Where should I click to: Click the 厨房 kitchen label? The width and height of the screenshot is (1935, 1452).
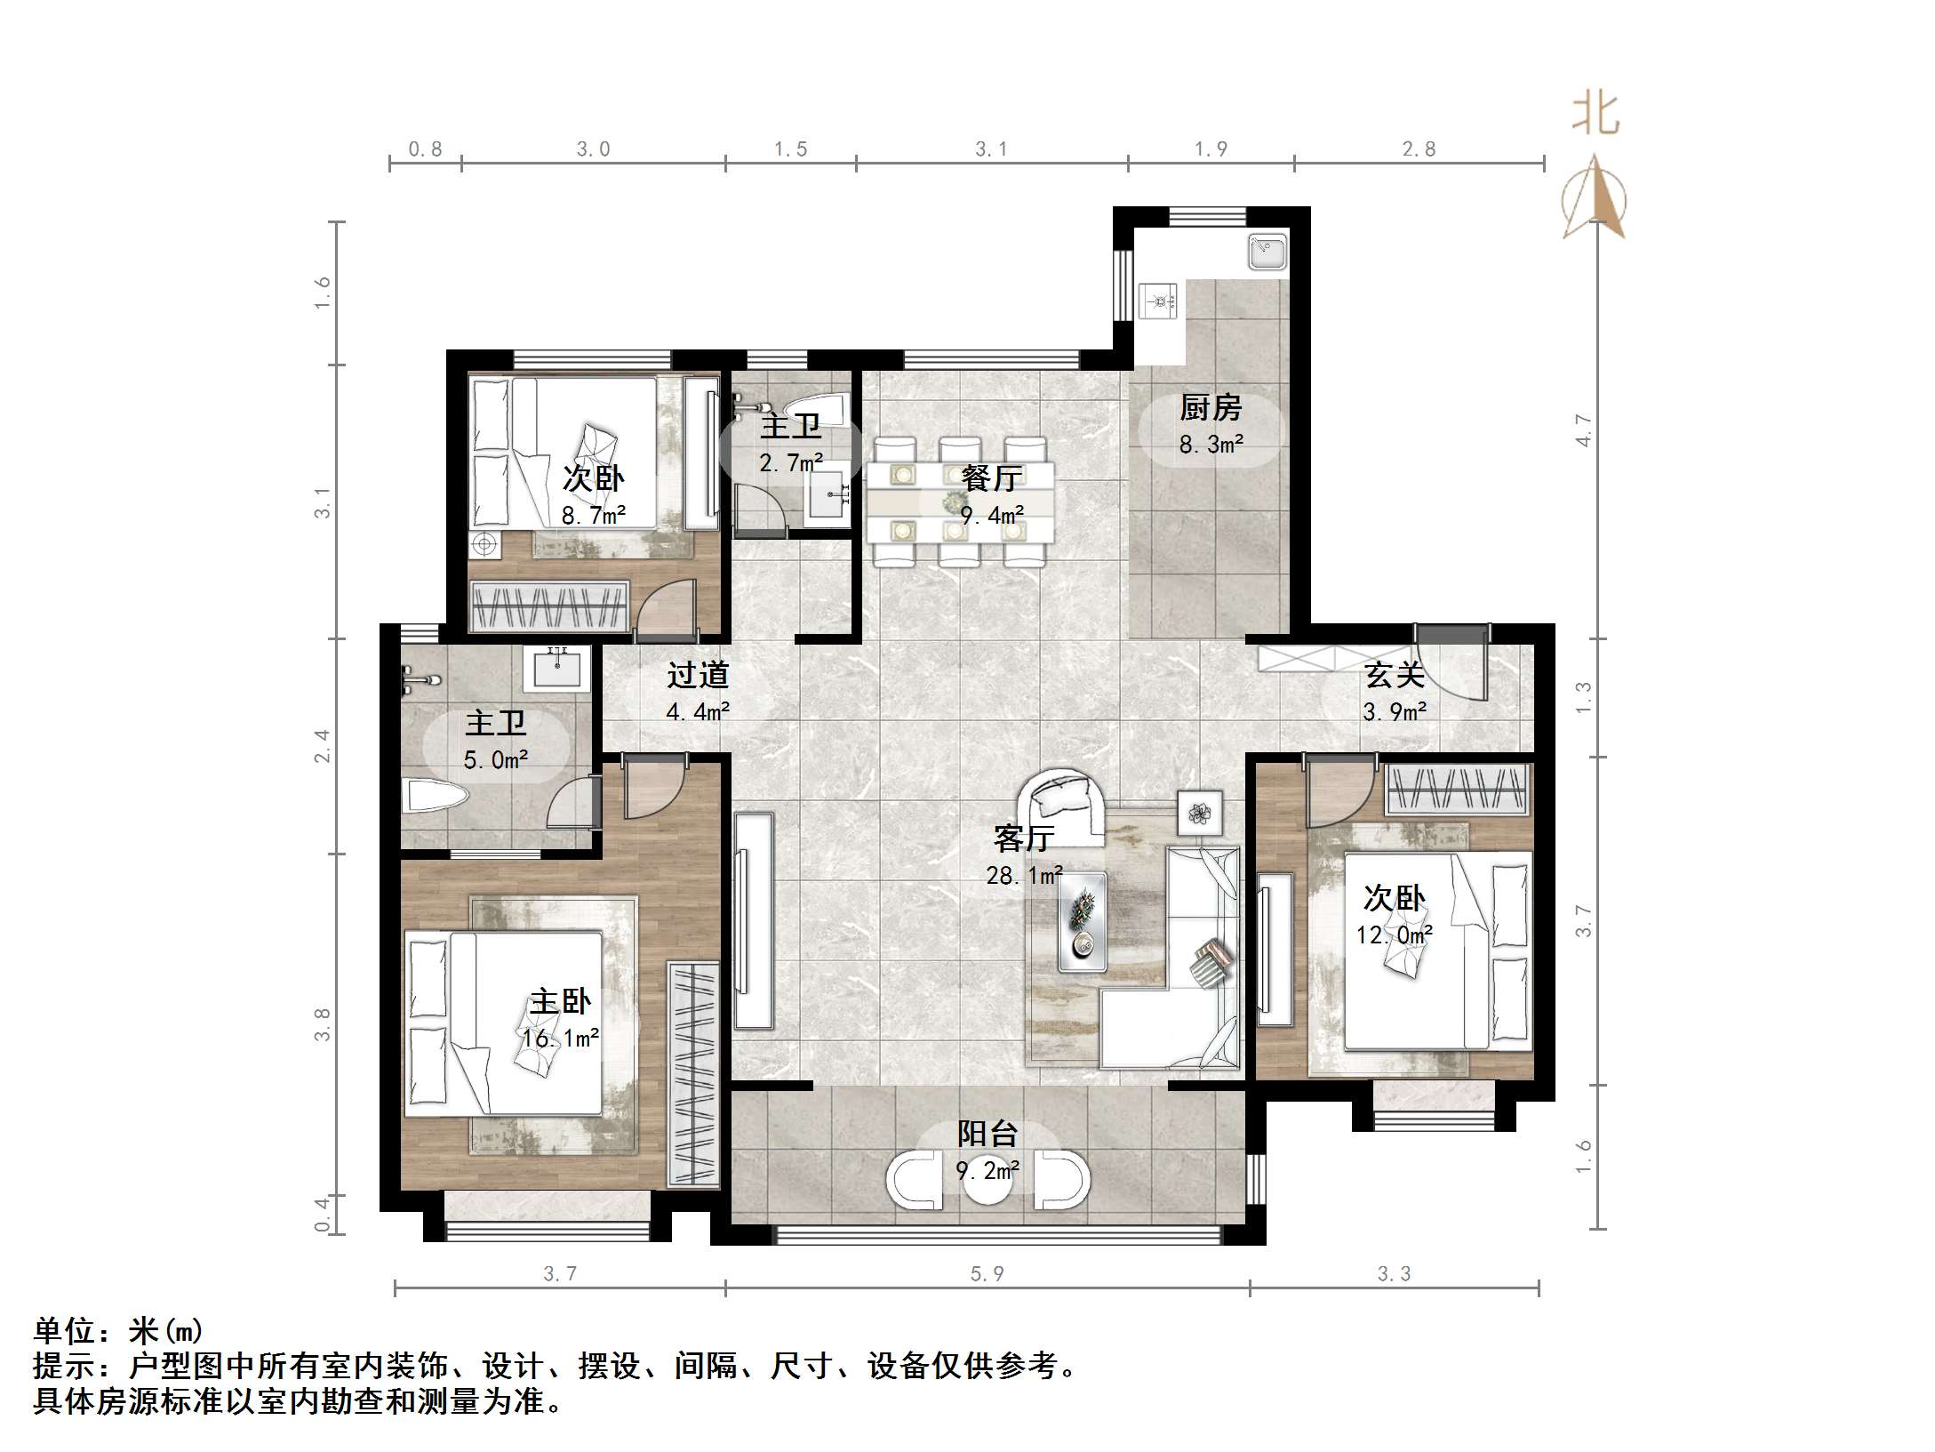coord(1210,408)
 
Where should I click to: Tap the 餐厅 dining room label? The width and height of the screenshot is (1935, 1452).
coord(991,478)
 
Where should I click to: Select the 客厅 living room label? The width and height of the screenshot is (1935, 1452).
coord(1024,838)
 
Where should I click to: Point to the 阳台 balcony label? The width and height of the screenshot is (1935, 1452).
coord(987,1134)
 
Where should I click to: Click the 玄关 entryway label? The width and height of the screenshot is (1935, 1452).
coord(1395,675)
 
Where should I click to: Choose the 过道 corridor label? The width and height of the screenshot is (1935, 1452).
coord(698,675)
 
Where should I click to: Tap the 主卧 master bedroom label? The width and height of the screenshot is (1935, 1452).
coord(560,1002)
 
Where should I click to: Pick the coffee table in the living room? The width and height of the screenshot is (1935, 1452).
coord(1082,920)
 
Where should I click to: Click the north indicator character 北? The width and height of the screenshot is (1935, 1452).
coord(1595,114)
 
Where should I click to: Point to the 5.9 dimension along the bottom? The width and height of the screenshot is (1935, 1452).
coord(987,1274)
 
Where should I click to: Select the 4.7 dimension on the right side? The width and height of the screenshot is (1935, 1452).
coord(1583,430)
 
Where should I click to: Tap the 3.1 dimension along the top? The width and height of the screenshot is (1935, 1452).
coord(991,148)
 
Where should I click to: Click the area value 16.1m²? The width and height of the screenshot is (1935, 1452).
coord(560,1038)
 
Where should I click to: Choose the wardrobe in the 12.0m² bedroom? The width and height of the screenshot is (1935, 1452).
coord(1458,790)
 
